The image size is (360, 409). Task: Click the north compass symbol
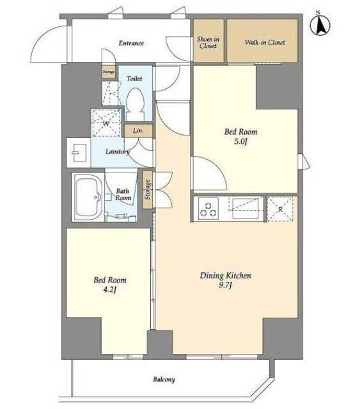point(320,25)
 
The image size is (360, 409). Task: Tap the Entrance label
point(131,43)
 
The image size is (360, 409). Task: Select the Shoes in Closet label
point(208,43)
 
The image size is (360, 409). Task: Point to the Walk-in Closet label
point(265,42)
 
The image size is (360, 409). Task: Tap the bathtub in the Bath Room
point(88,197)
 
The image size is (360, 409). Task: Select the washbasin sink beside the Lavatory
point(78,153)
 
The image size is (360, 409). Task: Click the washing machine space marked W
point(106,123)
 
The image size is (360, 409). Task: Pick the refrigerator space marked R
point(280,209)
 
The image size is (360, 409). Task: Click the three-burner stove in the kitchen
point(208,208)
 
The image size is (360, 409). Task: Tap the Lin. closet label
point(138,130)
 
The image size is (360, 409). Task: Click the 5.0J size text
point(240,142)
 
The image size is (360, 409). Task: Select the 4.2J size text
point(109,289)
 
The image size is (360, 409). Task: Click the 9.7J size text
point(226,286)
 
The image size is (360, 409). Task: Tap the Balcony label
point(164,379)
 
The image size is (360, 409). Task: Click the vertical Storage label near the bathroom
point(148,190)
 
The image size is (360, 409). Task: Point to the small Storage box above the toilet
point(109,72)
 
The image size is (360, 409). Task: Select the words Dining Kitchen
point(226,275)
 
